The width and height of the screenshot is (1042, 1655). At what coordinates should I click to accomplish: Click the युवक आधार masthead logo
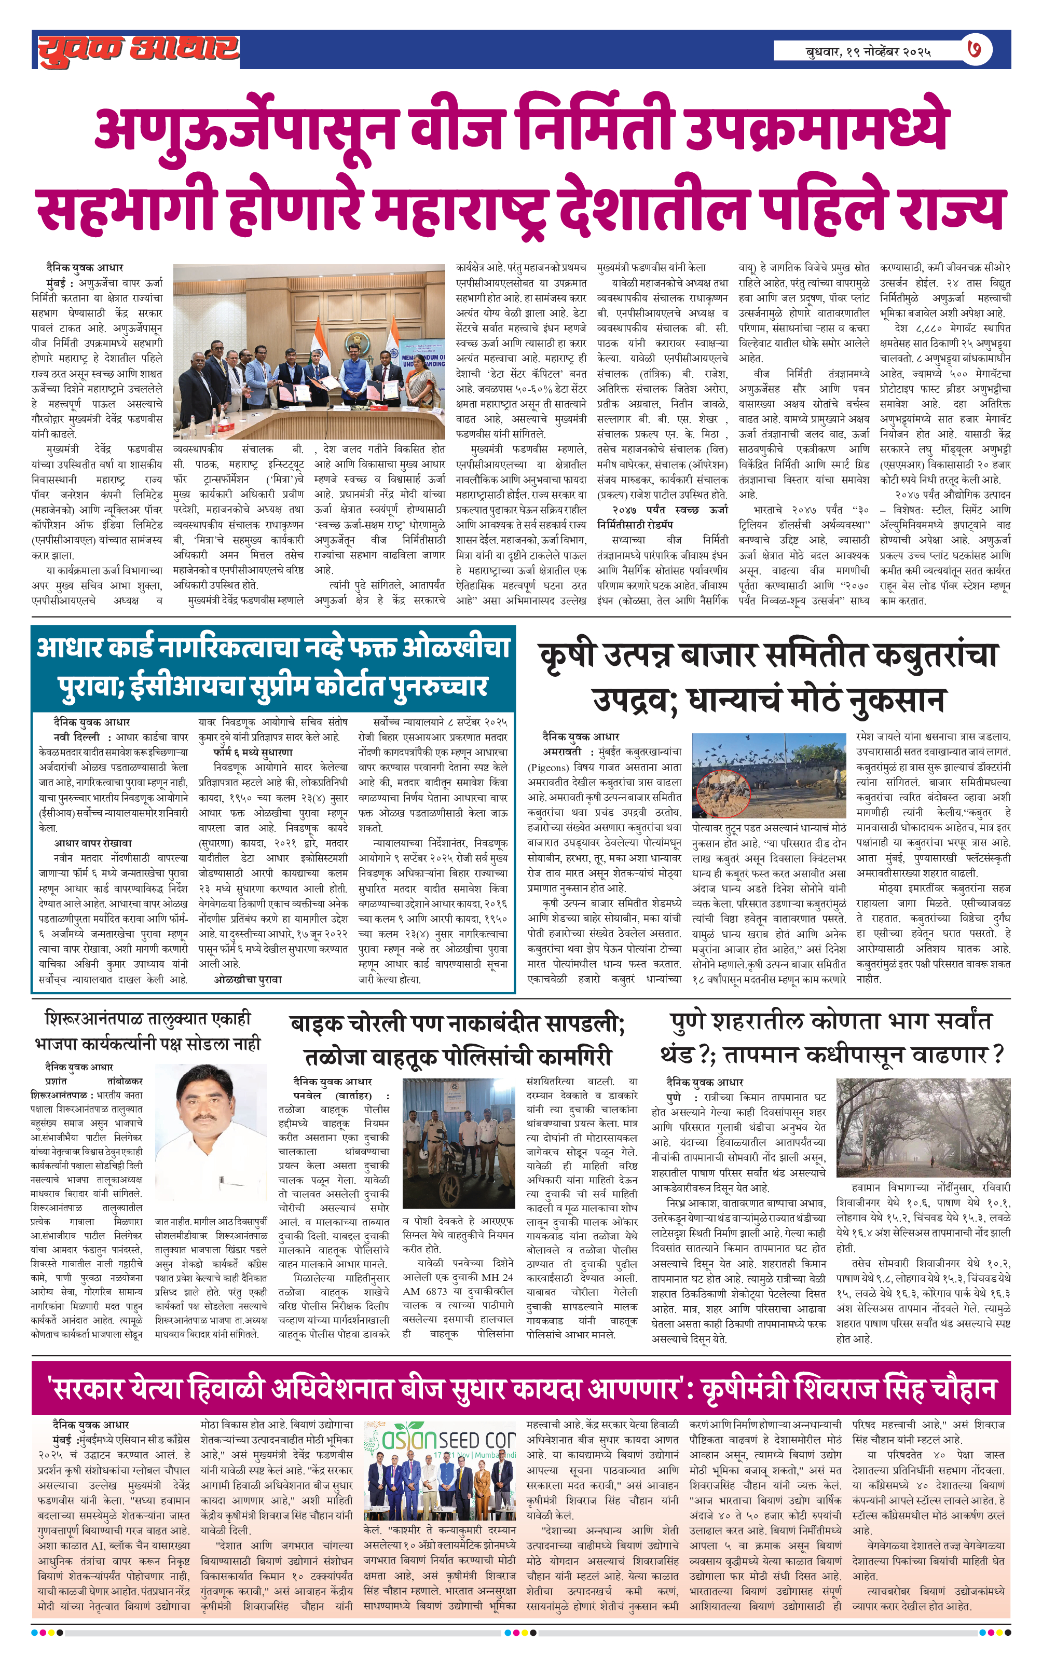(x=138, y=49)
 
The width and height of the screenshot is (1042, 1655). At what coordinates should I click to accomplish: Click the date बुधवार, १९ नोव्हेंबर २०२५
(x=868, y=51)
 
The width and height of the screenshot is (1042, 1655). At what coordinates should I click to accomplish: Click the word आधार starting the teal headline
(x=70, y=648)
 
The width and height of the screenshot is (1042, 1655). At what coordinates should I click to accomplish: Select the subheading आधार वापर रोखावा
(x=93, y=843)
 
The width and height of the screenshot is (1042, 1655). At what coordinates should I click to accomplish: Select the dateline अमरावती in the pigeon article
(x=562, y=752)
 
